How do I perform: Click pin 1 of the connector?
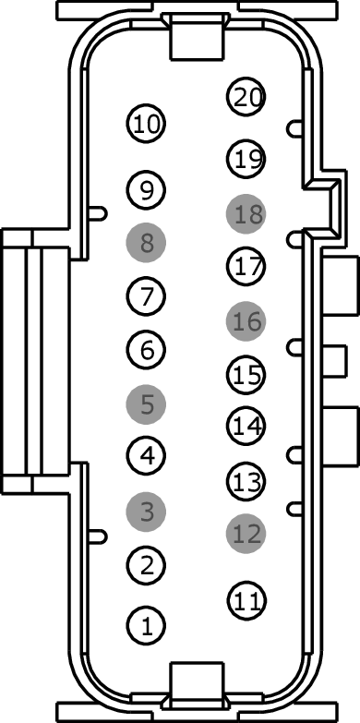146,625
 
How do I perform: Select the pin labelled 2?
146,565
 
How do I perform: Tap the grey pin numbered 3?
146,512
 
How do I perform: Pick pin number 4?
146,455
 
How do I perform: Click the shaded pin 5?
146,404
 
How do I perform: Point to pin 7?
146,295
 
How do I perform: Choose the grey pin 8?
146,243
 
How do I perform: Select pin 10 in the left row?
146,123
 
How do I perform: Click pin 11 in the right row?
246,600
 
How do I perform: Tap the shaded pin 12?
246,534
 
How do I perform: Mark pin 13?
246,481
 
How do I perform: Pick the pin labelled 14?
246,426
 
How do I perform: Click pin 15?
246,375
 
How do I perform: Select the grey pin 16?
246,321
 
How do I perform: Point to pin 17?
246,266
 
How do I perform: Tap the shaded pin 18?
246,214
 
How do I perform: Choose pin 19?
246,158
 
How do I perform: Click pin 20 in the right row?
246,96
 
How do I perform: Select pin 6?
146,350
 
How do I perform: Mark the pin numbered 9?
146,189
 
